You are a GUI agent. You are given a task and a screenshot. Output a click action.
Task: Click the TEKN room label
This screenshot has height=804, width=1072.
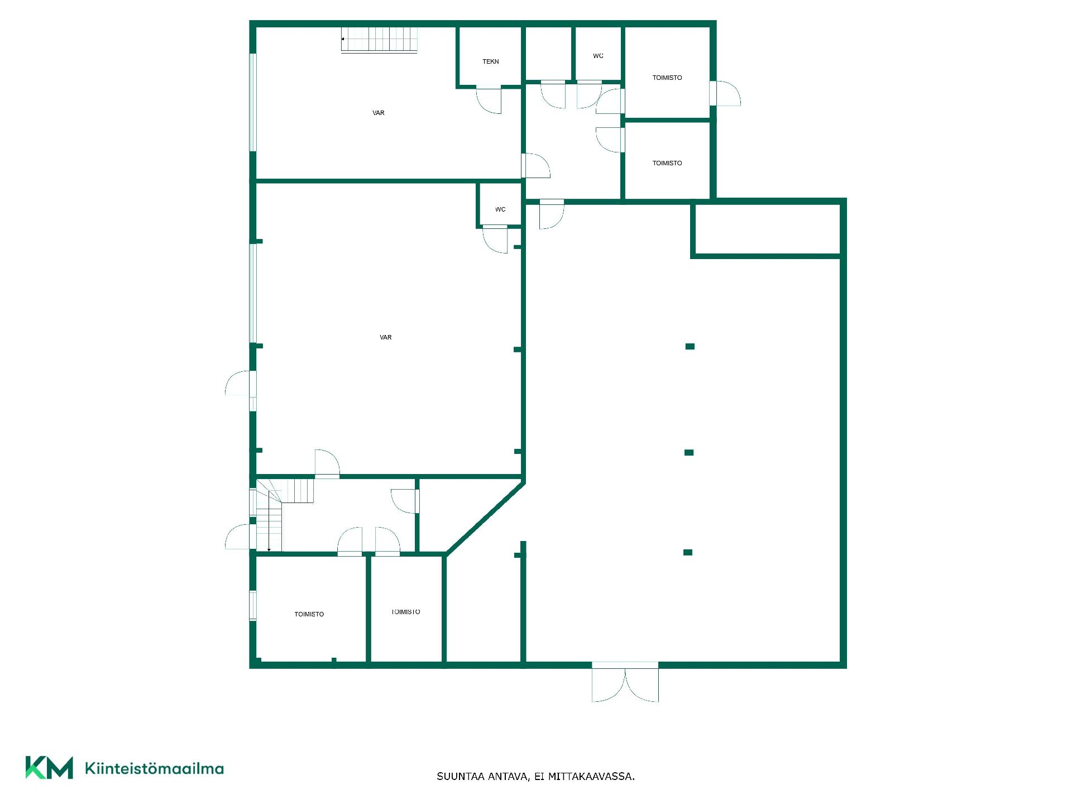[491, 61]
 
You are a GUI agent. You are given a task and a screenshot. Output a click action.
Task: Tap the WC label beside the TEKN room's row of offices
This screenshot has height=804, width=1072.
[598, 56]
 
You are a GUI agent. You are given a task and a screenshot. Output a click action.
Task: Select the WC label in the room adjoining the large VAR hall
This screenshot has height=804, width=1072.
[500, 209]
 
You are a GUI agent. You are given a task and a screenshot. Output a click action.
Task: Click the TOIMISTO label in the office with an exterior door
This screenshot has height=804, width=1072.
[667, 78]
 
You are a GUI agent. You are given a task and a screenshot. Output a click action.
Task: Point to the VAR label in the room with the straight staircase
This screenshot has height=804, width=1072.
[379, 113]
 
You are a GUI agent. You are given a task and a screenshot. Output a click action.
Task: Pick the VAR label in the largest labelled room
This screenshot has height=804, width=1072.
[386, 337]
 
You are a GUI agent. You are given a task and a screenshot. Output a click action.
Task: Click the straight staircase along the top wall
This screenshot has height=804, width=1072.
[379, 40]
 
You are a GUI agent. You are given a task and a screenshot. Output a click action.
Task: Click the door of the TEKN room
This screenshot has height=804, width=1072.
[489, 100]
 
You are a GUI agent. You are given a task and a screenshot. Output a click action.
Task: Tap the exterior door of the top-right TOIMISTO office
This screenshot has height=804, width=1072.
[725, 93]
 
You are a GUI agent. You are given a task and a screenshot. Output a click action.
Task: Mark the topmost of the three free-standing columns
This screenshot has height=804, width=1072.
[690, 347]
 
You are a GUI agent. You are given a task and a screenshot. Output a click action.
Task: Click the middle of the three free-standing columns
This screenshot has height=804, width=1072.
[689, 453]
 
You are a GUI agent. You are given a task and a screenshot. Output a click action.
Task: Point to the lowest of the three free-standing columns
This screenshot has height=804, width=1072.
[688, 553]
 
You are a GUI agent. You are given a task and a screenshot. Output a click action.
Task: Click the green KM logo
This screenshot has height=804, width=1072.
[49, 768]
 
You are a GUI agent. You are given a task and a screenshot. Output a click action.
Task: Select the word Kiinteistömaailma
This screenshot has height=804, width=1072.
[154, 768]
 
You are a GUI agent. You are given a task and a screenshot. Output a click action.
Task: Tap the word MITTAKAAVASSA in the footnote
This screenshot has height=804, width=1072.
[591, 777]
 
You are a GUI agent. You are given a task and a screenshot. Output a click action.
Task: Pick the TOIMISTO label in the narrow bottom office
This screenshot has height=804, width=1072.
[406, 612]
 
